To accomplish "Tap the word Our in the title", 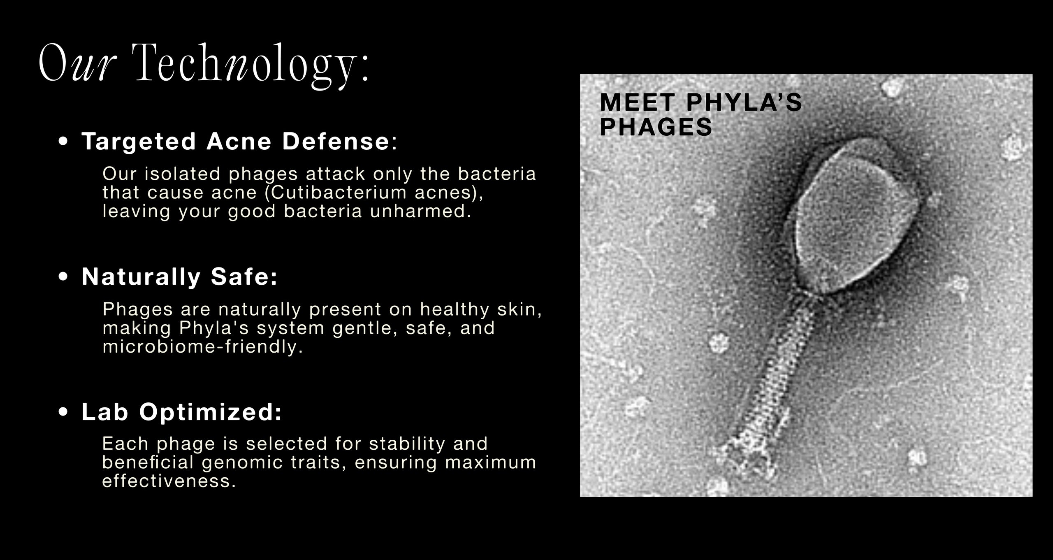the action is tap(76, 63).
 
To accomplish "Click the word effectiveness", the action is tap(169, 481).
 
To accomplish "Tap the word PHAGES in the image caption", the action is tap(656, 127).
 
